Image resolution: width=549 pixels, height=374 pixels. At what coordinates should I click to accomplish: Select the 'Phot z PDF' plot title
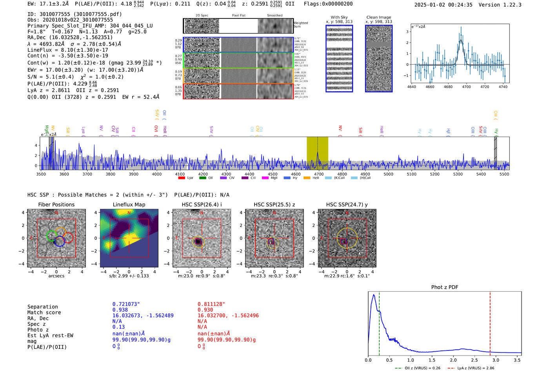[x=445, y=287]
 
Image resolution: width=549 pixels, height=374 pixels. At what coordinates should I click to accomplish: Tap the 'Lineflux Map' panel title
[x=129, y=204]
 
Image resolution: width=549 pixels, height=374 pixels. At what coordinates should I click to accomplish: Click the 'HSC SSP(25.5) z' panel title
[x=274, y=204]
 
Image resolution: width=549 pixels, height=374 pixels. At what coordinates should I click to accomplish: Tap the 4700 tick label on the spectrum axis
[x=319, y=174]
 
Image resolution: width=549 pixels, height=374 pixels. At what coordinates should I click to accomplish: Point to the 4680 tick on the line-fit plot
[x=448, y=87]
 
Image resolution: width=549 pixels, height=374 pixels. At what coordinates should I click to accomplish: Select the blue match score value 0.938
[x=120, y=310]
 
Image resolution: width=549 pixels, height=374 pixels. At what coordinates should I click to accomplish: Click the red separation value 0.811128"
[x=211, y=304]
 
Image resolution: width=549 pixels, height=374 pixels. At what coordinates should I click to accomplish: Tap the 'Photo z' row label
[x=38, y=330]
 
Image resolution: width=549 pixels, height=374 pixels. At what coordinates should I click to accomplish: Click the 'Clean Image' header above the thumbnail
[x=378, y=17]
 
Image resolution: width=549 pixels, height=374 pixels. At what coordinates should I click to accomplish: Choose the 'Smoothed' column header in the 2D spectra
[x=274, y=15]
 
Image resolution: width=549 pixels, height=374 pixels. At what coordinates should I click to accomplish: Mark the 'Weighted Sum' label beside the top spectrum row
[x=301, y=25]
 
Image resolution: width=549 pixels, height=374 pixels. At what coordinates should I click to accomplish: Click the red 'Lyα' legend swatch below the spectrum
[x=182, y=178]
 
